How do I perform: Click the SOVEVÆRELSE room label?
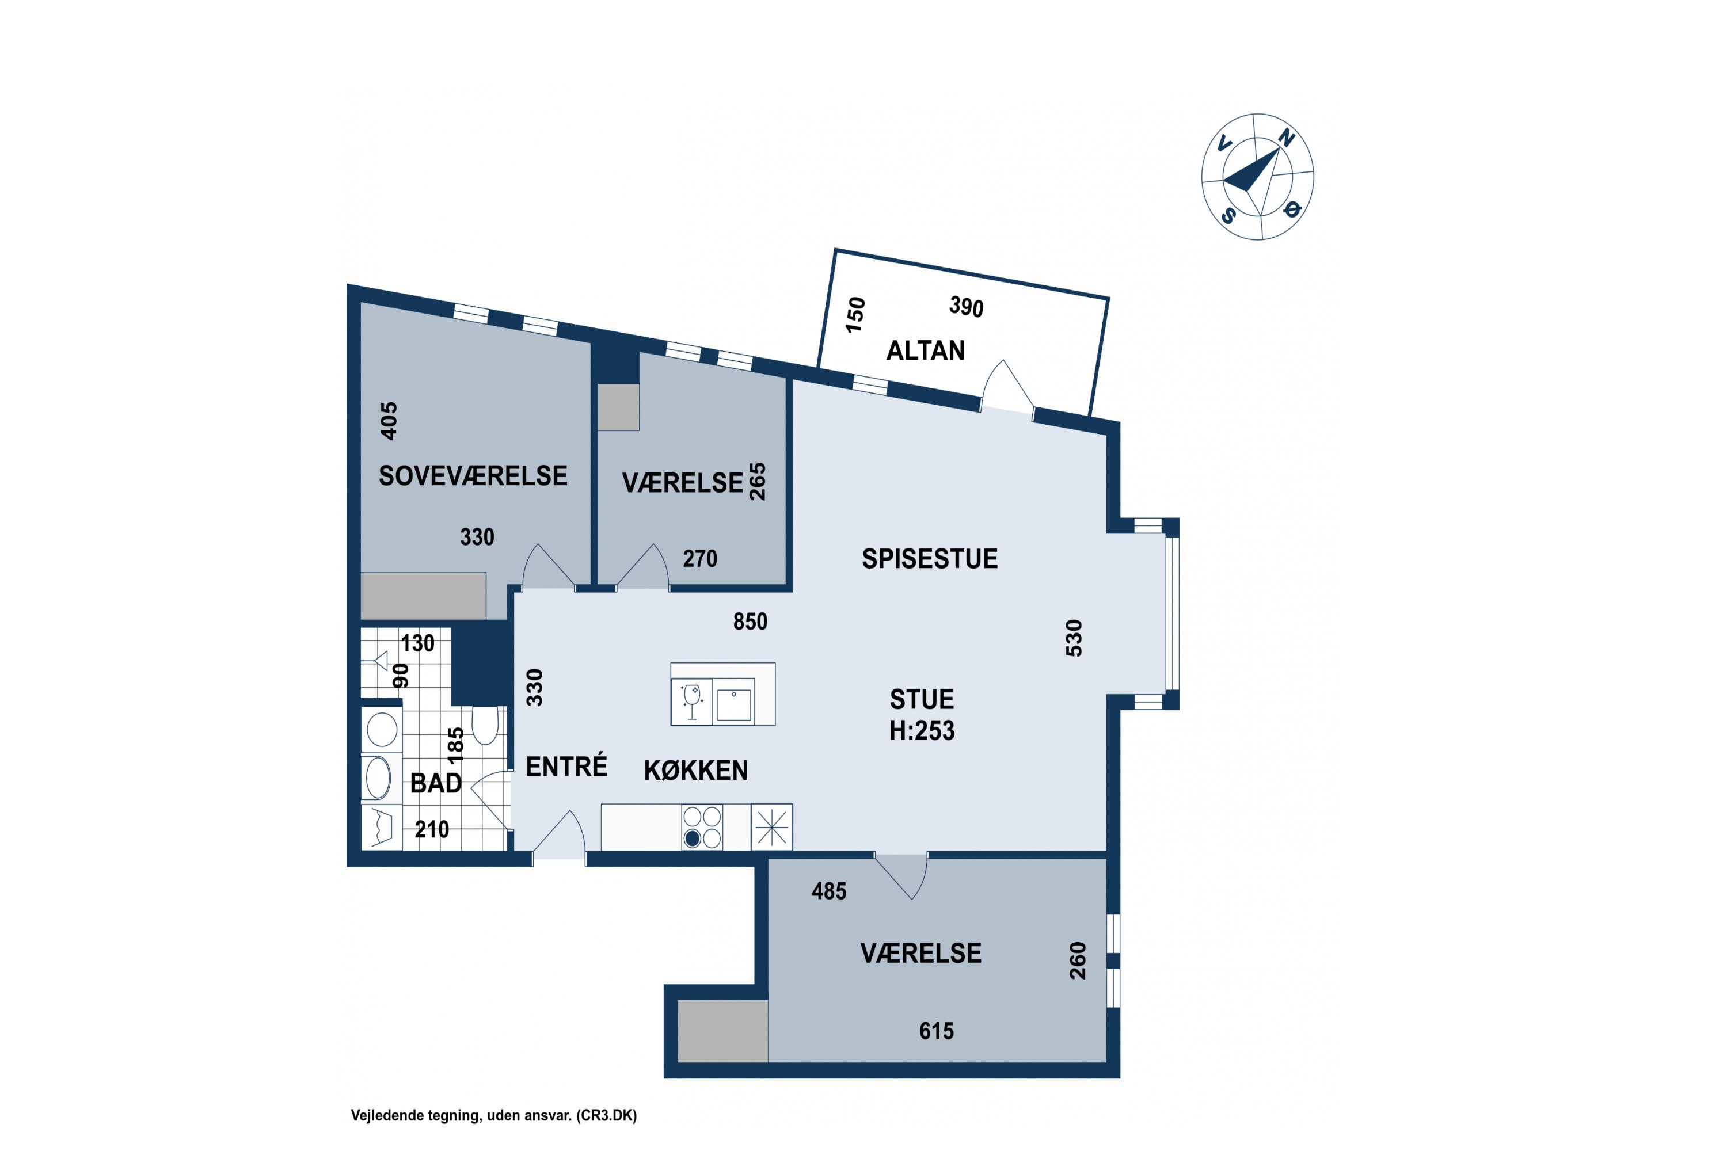coord(473,476)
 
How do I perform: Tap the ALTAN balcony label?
coord(925,351)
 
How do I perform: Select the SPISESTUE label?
coord(930,559)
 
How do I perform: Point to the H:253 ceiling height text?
coord(922,730)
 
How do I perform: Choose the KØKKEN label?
coord(695,770)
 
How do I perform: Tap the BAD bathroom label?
coord(436,783)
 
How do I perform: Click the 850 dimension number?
coord(750,622)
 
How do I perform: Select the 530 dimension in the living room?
coord(1074,638)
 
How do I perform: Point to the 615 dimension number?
coord(936,1031)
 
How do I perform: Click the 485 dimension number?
coord(829,891)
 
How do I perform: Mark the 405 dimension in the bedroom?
coord(389,421)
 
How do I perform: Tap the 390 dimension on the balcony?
coord(967,307)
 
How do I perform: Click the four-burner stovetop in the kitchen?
coord(702,828)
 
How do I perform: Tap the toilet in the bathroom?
coord(485,725)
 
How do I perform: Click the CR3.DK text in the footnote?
coord(607,1116)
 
